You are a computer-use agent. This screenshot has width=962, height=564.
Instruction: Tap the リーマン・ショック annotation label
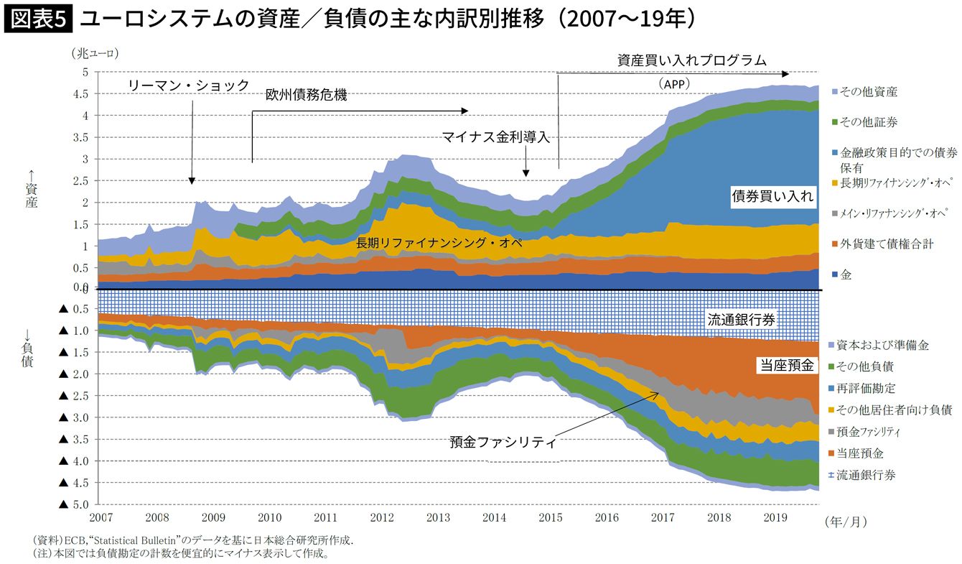(x=189, y=85)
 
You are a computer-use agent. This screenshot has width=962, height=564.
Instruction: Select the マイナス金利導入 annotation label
(x=496, y=137)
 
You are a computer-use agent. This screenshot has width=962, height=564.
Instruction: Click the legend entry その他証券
(x=868, y=122)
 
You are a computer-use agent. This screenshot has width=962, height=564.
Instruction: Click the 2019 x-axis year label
(x=775, y=517)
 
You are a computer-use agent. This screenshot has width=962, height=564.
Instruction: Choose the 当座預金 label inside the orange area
(x=786, y=366)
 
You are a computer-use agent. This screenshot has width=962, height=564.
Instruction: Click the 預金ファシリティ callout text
(x=503, y=442)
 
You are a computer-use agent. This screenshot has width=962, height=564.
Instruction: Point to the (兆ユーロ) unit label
(x=94, y=52)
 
